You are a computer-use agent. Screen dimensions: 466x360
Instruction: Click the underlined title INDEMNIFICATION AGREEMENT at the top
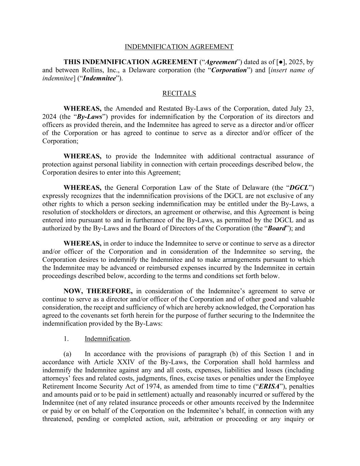coord(179,47)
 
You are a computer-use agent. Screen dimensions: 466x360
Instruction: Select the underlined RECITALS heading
coord(179,93)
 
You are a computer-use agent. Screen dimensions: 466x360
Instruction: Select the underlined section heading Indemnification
coord(107,339)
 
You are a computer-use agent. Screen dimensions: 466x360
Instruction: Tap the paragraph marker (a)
coord(67,354)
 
